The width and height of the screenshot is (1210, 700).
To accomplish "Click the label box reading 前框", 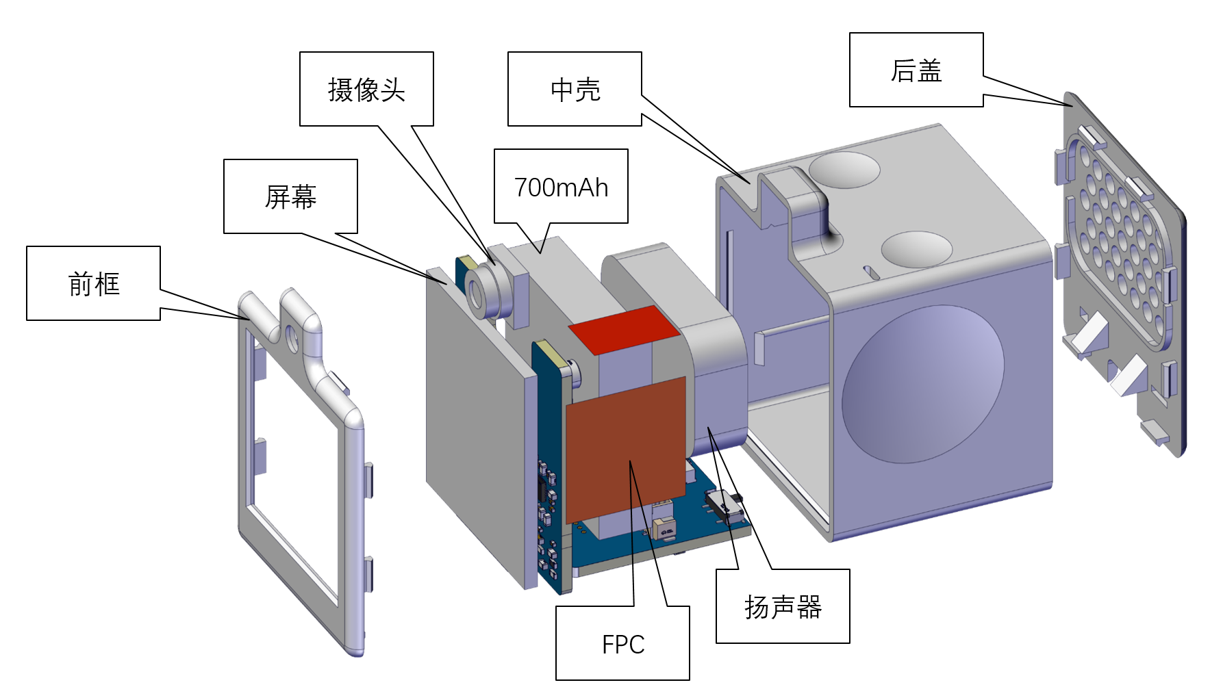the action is point(94,283).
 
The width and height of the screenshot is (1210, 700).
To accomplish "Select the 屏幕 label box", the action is point(290,197).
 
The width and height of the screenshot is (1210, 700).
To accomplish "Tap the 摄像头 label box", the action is point(366,89).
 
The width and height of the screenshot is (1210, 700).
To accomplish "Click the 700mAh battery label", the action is point(561,186).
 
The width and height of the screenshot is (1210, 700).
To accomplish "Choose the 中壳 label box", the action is point(575,89).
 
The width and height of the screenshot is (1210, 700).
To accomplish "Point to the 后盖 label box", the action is point(916,70).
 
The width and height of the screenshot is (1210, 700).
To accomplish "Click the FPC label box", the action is point(622,643).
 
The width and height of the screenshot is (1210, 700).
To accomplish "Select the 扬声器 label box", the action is point(783,606).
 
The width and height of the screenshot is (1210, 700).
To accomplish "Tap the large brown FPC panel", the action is point(626,450).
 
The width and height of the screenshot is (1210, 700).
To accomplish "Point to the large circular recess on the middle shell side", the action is point(923,383).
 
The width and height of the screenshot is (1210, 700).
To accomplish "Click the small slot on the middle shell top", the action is point(872,272).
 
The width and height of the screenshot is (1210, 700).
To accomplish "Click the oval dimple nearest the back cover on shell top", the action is point(916,249).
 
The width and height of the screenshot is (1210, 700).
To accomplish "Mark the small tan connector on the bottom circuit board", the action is point(664,528).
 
